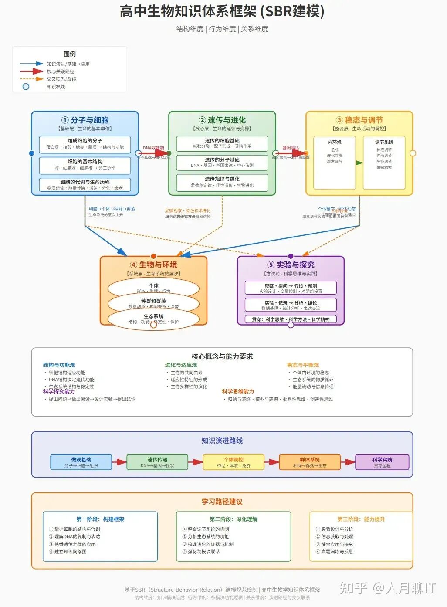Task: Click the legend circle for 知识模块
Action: point(26,87)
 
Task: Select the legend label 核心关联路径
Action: point(61,71)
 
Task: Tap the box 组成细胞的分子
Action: point(85,144)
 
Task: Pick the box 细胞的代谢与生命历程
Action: point(85,185)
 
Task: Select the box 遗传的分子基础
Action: point(222,163)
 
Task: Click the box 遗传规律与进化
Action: point(222,182)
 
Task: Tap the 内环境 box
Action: point(335,163)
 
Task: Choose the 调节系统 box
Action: point(384,163)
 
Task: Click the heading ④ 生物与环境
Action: point(153,265)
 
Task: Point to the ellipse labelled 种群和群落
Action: point(153,303)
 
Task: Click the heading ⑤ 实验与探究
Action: point(291,265)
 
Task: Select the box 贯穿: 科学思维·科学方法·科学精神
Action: point(291,319)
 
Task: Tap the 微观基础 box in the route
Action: point(81,462)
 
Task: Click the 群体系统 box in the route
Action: point(310,462)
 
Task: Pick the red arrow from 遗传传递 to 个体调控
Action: point(195,462)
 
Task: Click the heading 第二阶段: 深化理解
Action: point(234,519)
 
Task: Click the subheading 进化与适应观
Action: point(181,365)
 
